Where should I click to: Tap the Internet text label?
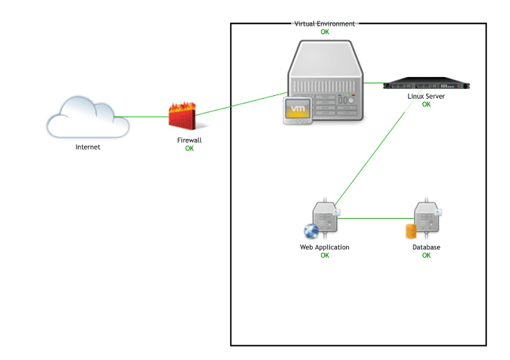coord(88,147)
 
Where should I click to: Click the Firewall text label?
coord(189,140)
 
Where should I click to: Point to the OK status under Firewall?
coord(189,148)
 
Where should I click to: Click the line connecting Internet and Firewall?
coord(149,117)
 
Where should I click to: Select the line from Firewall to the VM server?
coord(240,104)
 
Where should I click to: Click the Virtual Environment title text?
coord(324,24)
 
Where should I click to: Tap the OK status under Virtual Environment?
coord(324,32)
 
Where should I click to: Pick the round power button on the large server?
coord(352,100)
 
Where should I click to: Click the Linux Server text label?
coord(426,97)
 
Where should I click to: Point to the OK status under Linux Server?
coord(426,105)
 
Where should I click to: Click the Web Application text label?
coord(324,247)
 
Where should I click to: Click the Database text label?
coord(426,247)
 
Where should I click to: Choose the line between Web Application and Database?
coord(375,218)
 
